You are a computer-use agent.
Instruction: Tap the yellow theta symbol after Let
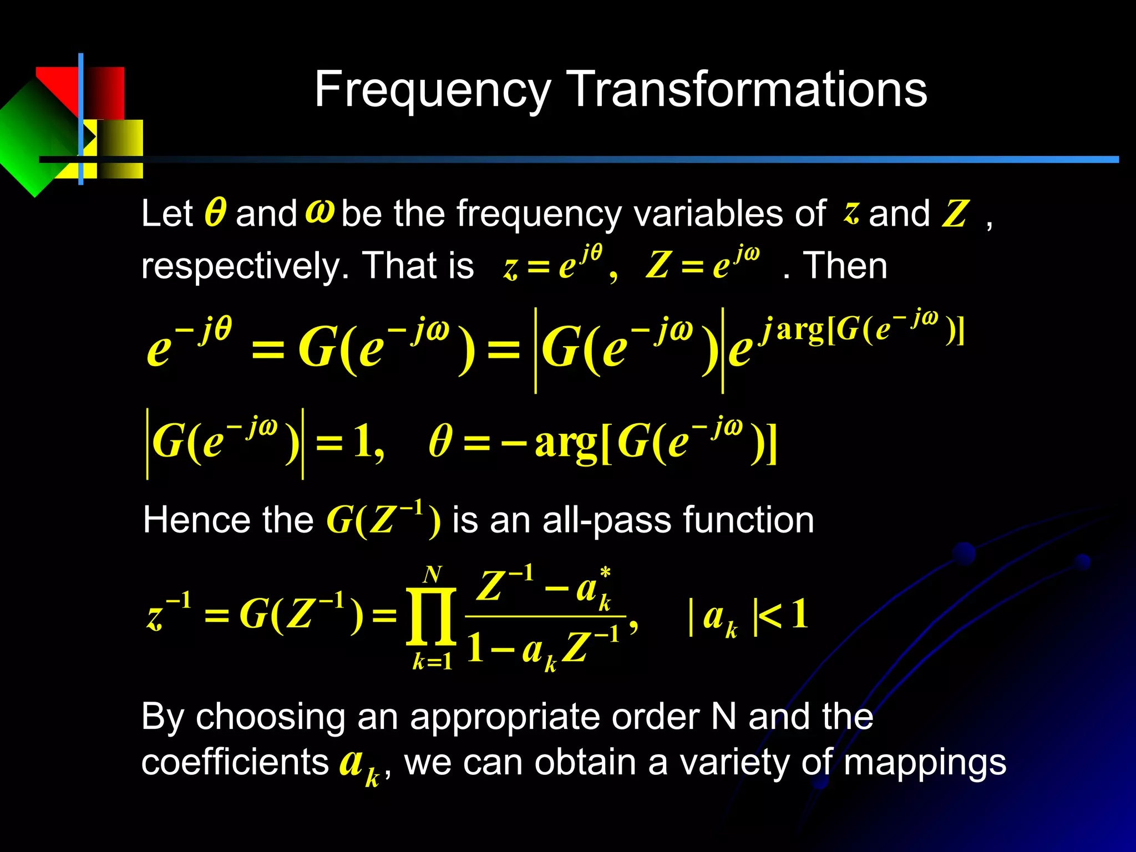click(215, 213)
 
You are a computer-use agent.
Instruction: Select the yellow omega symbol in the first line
click(320, 211)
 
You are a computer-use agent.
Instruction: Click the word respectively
click(245, 266)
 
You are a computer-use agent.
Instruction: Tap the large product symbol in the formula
click(431, 617)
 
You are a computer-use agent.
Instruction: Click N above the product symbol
click(432, 575)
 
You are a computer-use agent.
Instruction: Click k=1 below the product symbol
click(432, 662)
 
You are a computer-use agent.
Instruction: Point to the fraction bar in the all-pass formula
click(545, 616)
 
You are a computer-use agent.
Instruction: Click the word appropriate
click(505, 717)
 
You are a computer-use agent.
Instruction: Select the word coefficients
click(235, 762)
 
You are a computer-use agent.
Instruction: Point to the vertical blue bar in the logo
click(81, 119)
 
